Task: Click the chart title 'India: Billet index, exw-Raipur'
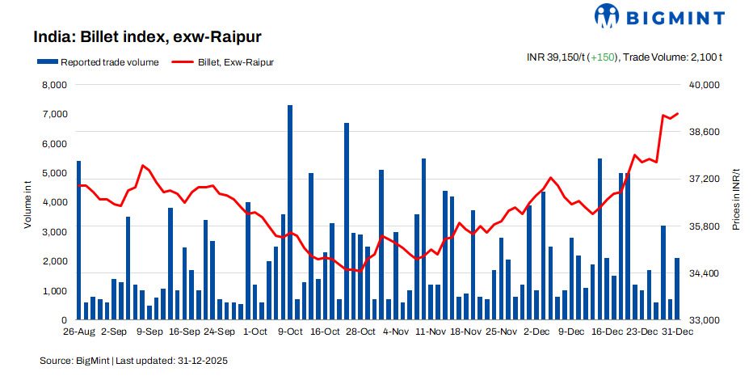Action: click(146, 37)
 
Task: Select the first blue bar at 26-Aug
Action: click(78, 240)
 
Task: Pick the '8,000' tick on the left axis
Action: click(53, 85)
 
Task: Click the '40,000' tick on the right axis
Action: click(704, 85)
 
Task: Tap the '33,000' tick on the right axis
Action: click(704, 320)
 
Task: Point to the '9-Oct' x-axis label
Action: click(290, 332)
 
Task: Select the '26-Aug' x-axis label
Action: click(78, 332)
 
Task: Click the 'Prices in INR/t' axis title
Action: click(736, 202)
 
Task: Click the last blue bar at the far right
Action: click(677, 289)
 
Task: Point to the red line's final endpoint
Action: click(677, 114)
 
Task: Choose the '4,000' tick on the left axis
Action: click(53, 202)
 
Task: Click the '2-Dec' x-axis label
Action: click(536, 332)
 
